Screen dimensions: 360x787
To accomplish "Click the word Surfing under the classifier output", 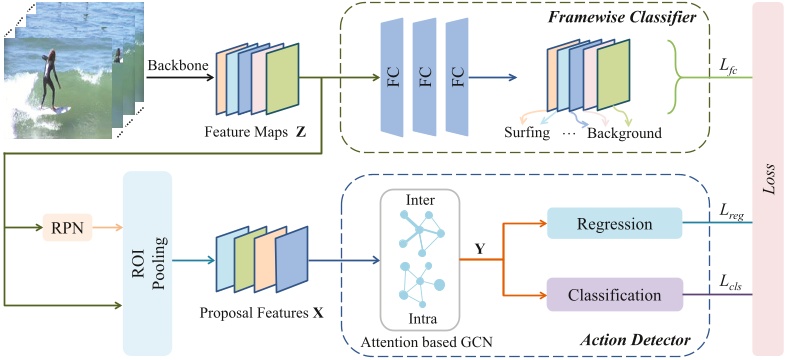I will click(531, 133).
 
